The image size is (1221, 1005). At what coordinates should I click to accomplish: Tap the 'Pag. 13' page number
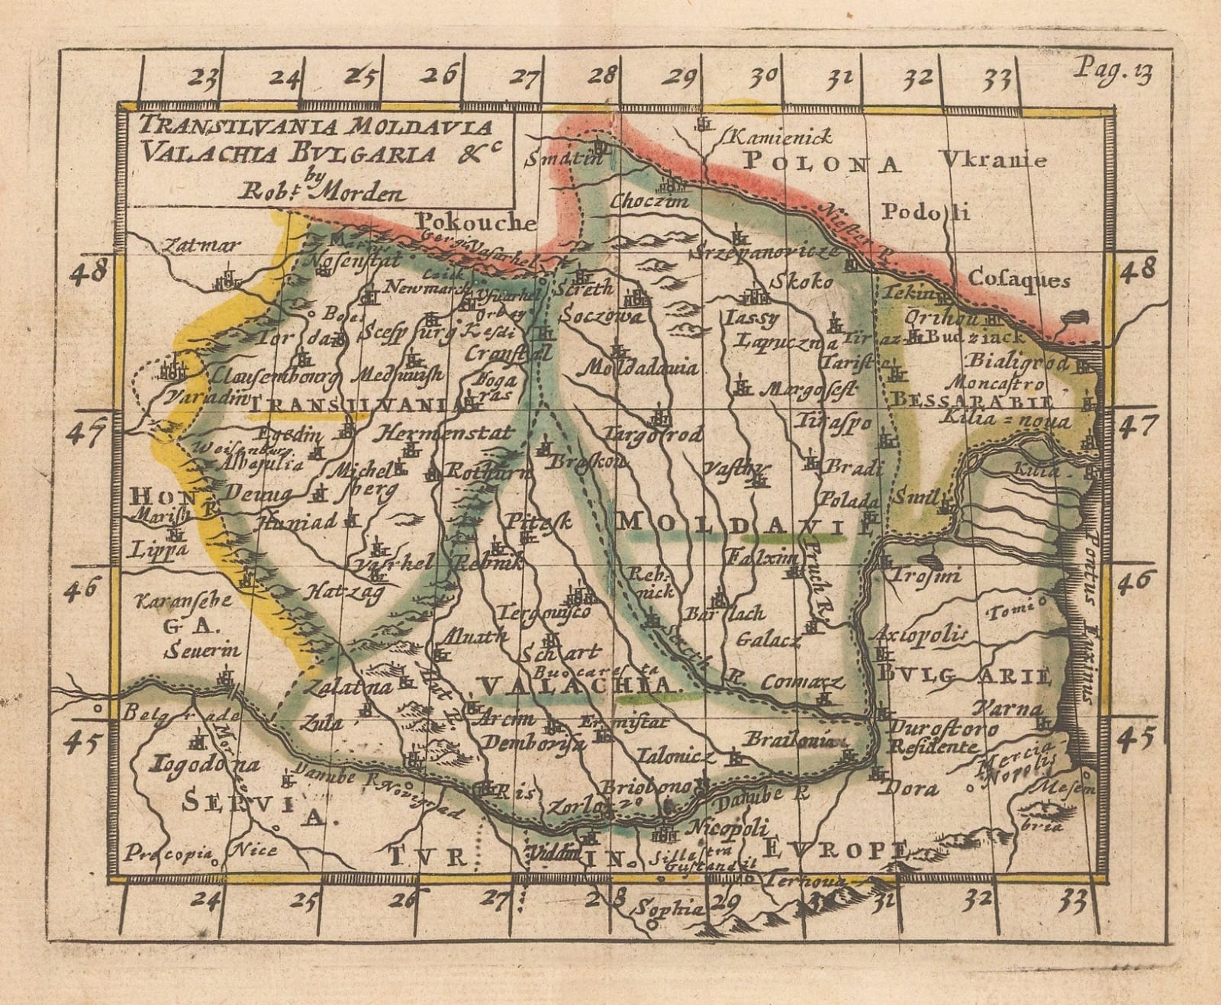pos(1113,70)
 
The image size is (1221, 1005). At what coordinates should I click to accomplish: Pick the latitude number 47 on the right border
pos(1137,425)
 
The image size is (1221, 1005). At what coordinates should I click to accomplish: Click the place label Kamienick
pos(780,137)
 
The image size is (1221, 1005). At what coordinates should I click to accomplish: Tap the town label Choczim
pos(649,201)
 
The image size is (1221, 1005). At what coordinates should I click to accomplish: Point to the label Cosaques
pos(1018,280)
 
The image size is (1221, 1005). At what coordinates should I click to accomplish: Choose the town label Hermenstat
pos(445,433)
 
